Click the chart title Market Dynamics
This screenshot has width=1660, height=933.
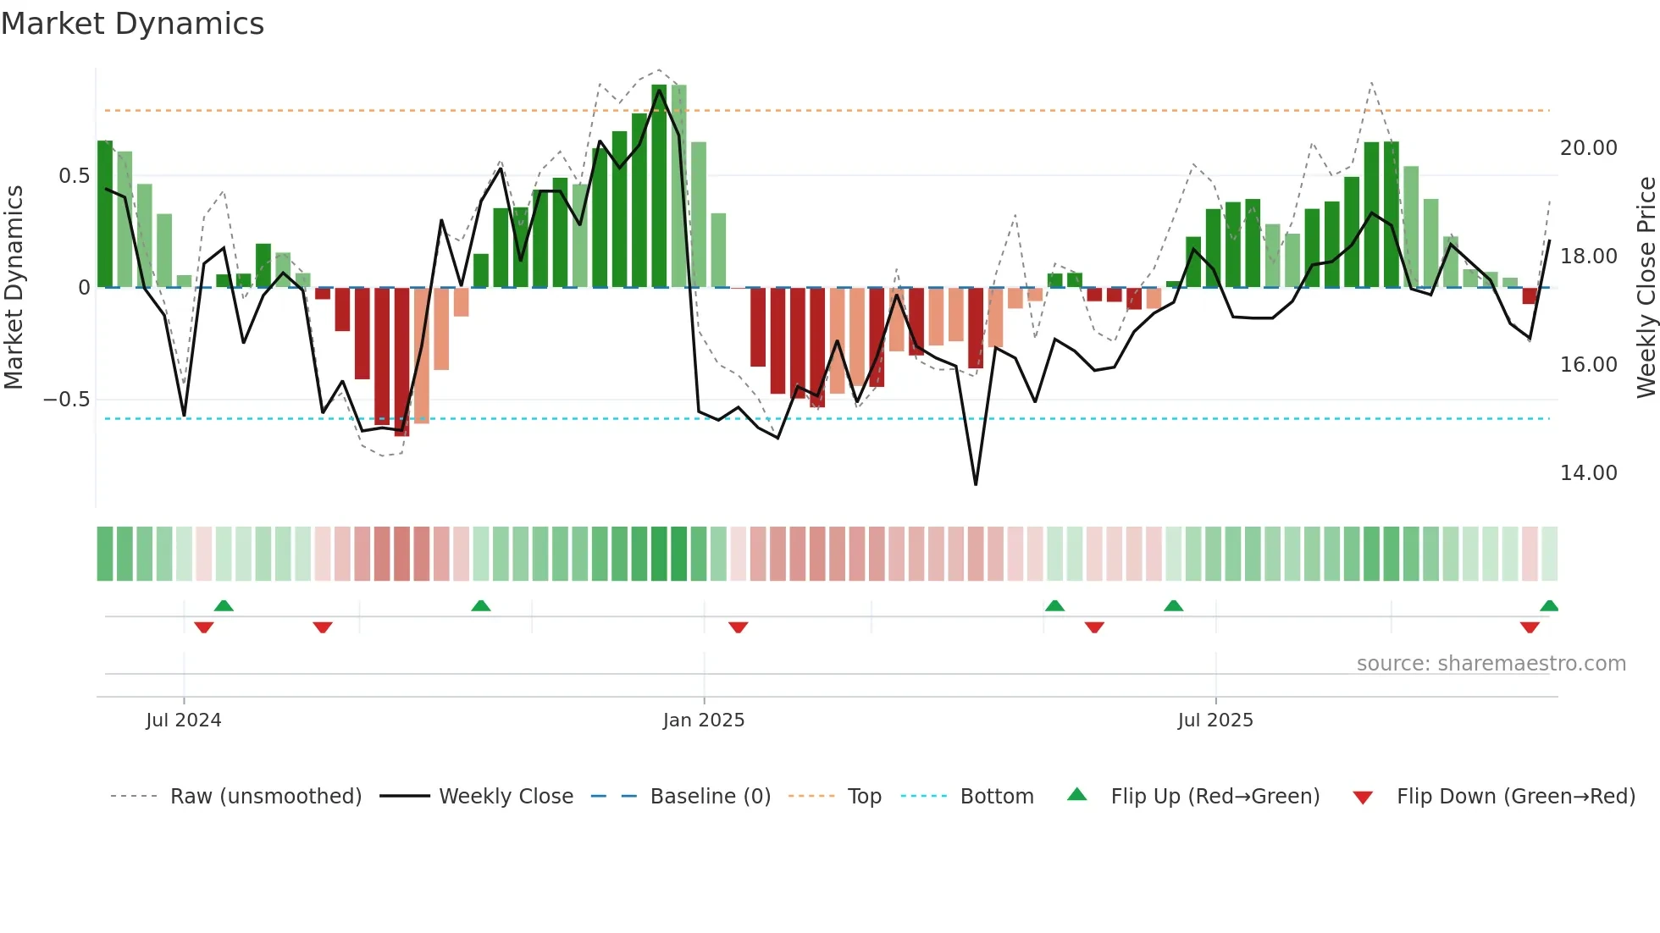[132, 24]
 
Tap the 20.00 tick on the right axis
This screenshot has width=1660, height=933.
[1588, 148]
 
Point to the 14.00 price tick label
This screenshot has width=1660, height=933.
[1588, 473]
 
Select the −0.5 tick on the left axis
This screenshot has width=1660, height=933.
[66, 400]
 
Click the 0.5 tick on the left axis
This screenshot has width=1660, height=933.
[74, 176]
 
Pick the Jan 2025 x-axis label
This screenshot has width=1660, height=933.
[703, 720]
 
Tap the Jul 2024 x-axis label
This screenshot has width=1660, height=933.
[183, 720]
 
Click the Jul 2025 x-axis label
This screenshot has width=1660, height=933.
[1215, 720]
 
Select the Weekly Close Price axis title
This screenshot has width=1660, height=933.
[1646, 287]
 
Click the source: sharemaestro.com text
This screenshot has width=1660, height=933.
[1491, 664]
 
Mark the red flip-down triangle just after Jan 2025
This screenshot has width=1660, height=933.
[738, 627]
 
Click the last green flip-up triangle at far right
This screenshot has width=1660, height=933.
[1548, 606]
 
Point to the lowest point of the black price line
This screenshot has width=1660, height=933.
[976, 484]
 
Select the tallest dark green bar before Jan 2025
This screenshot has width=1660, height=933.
[659, 186]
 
